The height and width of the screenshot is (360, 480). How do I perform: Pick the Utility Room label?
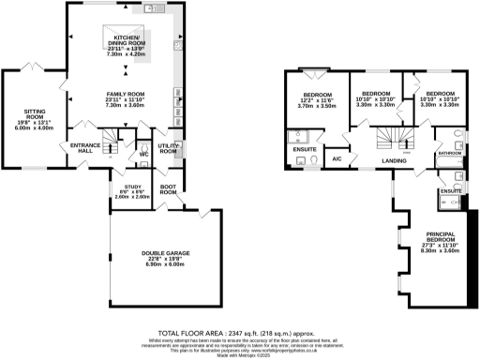click(x=168, y=149)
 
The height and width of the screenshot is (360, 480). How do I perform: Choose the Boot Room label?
click(x=168, y=189)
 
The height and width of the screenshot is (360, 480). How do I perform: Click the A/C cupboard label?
click(x=335, y=159)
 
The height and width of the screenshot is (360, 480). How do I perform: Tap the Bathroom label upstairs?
click(x=447, y=151)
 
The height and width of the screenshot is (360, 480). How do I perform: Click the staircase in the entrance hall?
click(x=111, y=144)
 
